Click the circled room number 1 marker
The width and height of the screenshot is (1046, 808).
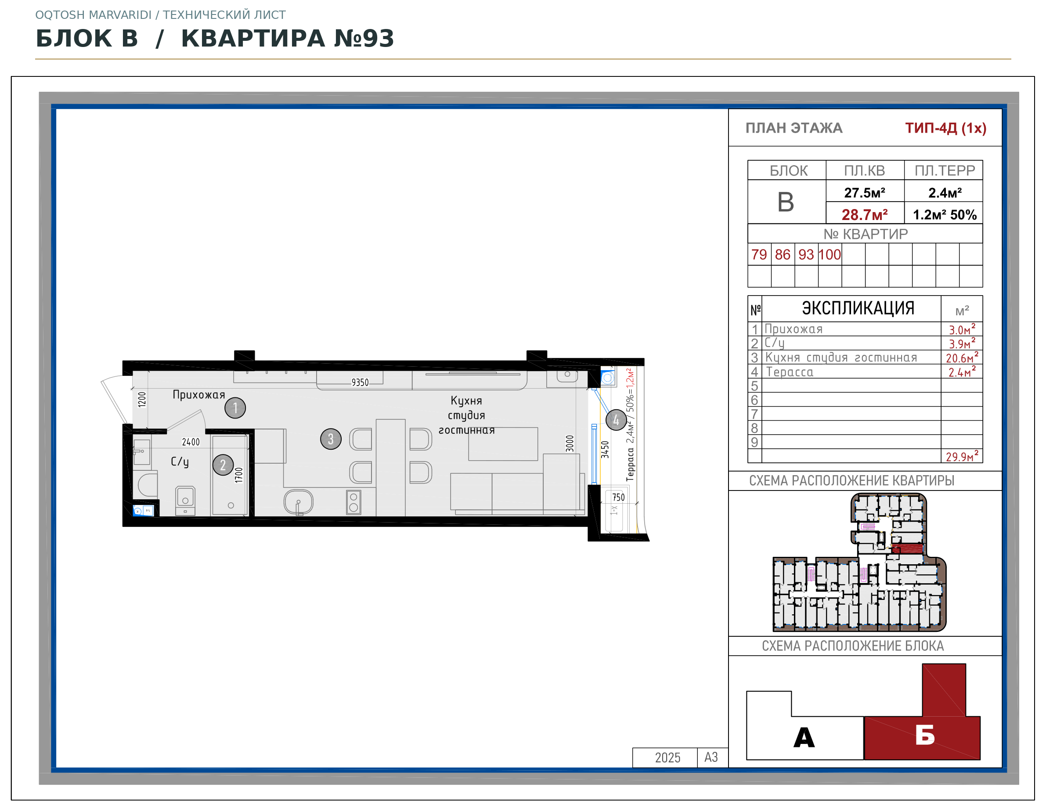point(235,408)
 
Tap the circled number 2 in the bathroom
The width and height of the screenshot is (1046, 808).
point(223,465)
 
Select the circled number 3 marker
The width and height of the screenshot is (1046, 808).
point(331,439)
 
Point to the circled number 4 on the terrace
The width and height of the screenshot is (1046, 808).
point(616,420)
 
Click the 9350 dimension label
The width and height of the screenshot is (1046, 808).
point(360,382)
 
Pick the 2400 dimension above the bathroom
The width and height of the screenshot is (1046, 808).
point(191,442)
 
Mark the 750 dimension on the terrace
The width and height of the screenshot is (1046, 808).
point(618,497)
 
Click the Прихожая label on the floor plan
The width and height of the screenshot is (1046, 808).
point(199,395)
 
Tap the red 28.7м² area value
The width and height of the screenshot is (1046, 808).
point(865,215)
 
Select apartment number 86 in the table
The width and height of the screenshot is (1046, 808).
point(783,254)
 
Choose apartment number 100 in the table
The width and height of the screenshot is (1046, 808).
point(830,254)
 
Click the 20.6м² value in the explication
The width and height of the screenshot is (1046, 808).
point(962,357)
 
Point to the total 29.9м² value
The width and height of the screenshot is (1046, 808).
point(962,456)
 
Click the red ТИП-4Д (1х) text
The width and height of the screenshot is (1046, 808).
point(945,128)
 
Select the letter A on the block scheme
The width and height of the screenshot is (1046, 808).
point(804,737)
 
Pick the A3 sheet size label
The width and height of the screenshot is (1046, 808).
point(711,757)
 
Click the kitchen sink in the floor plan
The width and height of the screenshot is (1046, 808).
point(298,501)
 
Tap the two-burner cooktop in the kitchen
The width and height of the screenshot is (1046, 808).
point(353,502)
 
